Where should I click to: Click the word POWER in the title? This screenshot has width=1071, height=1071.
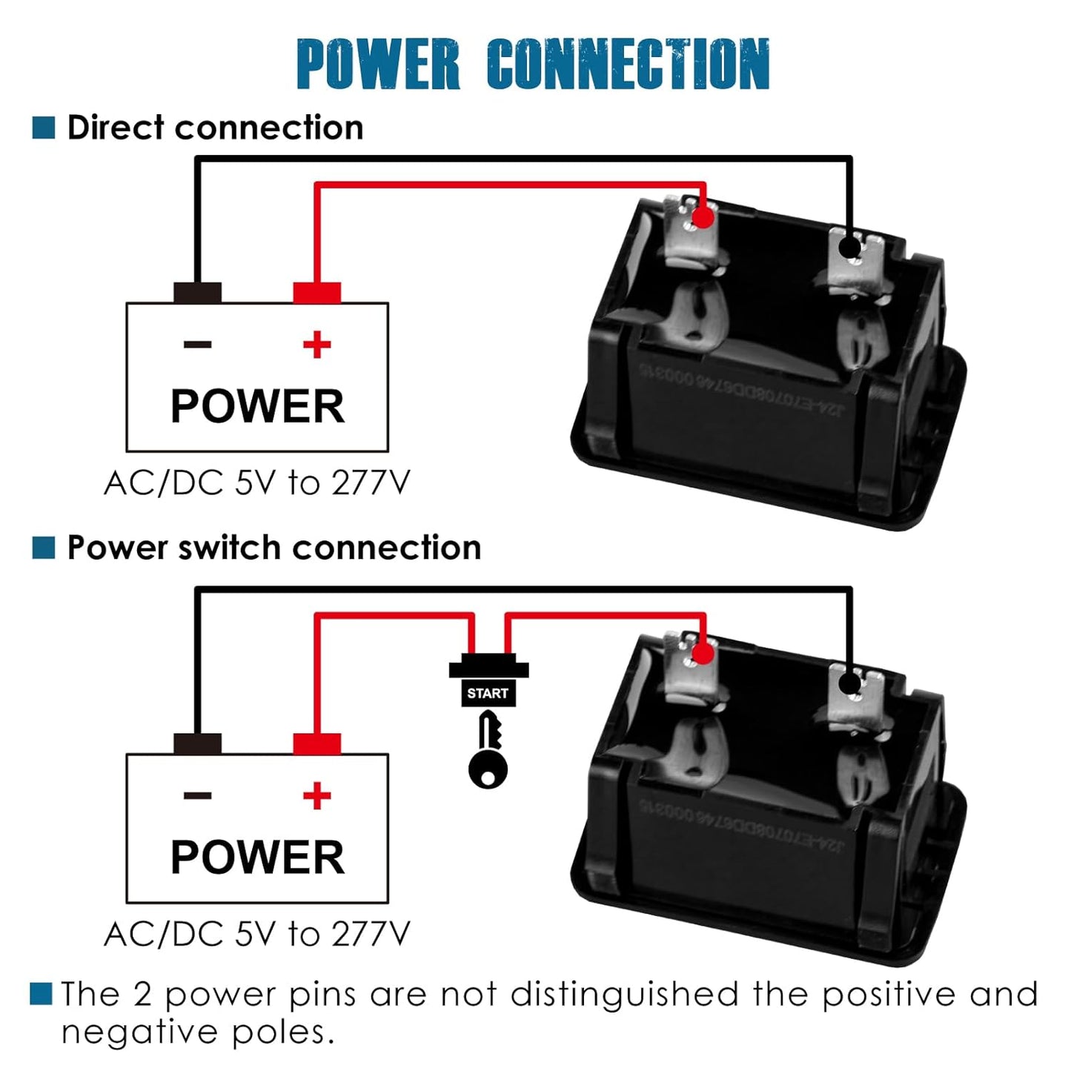pos(378,64)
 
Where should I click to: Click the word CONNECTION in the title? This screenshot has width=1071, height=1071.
pos(629,64)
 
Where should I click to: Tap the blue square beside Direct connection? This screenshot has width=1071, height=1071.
pos(44,127)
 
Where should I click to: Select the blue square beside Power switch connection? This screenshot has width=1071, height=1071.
pos(44,548)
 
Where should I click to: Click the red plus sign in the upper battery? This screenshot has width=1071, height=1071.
pos(317,345)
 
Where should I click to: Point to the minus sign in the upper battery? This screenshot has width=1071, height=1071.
pos(198,345)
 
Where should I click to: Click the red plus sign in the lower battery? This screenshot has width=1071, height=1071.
pos(317,796)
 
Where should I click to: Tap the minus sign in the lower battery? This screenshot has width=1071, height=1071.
pos(198,796)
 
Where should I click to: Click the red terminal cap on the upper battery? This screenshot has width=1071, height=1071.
pos(317,293)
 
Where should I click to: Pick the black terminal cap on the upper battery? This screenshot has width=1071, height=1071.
pos(198,293)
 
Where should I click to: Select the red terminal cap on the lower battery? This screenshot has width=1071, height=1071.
pos(317,743)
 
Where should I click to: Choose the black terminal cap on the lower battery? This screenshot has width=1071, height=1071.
pos(198,743)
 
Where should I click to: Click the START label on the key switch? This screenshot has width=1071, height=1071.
pos(488,694)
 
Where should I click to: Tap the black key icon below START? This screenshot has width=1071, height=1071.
pos(488,752)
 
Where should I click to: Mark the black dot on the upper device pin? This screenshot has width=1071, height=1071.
pos(850,247)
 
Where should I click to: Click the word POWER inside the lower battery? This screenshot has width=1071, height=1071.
pos(258,858)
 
